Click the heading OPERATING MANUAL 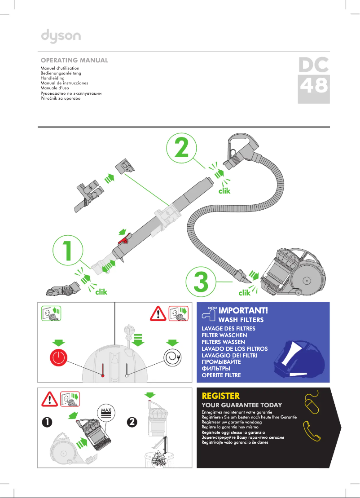tap(74, 60)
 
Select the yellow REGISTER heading tap(221, 396)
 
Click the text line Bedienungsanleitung tap(61, 73)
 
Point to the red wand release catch tap(123, 242)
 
